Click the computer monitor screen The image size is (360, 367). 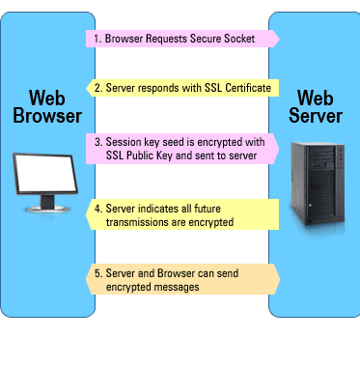tap(45, 173)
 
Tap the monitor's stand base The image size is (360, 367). tap(47, 210)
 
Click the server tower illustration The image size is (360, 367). tap(318, 183)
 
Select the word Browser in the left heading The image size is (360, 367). tap(47, 116)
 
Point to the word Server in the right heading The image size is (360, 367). tap(316, 116)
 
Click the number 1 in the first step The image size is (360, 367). tap(97, 39)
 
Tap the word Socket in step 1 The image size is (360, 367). tap(239, 39)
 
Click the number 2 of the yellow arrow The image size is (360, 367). tap(98, 88)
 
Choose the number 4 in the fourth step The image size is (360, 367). tap(98, 209)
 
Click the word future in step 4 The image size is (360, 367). tap(208, 209)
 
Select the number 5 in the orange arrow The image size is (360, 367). tap(98, 273)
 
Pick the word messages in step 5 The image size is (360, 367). tap(178, 287)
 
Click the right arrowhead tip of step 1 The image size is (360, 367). tap(279, 39)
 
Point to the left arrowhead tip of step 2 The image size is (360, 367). tap(86, 88)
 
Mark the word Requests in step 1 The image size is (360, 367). tap(166, 39)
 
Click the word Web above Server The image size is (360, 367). tap(315, 98)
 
